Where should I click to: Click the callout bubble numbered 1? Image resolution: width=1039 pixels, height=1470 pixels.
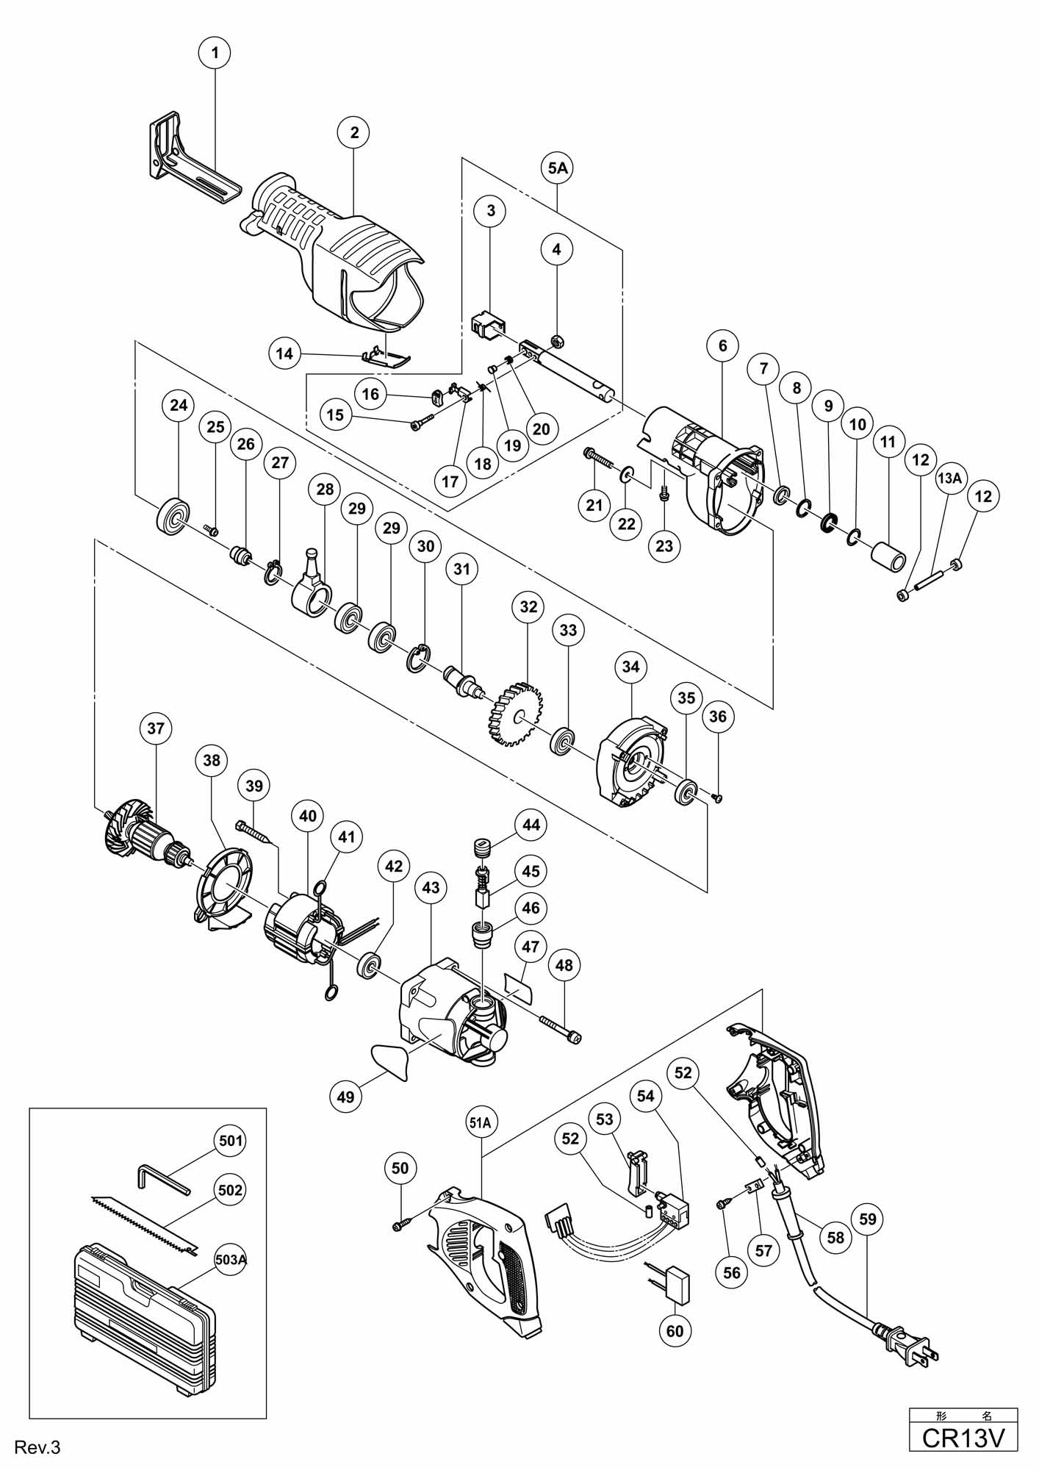click(215, 52)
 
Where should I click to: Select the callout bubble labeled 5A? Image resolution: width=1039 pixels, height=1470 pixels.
click(557, 168)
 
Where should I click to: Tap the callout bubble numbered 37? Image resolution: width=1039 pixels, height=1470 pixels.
click(155, 728)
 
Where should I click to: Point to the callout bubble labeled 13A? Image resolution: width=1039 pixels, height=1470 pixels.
click(949, 478)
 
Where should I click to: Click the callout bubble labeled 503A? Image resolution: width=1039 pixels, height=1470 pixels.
click(230, 1259)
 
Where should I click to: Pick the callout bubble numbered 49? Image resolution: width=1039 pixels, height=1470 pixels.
click(345, 1097)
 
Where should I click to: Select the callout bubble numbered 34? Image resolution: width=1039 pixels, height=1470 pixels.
click(630, 667)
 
